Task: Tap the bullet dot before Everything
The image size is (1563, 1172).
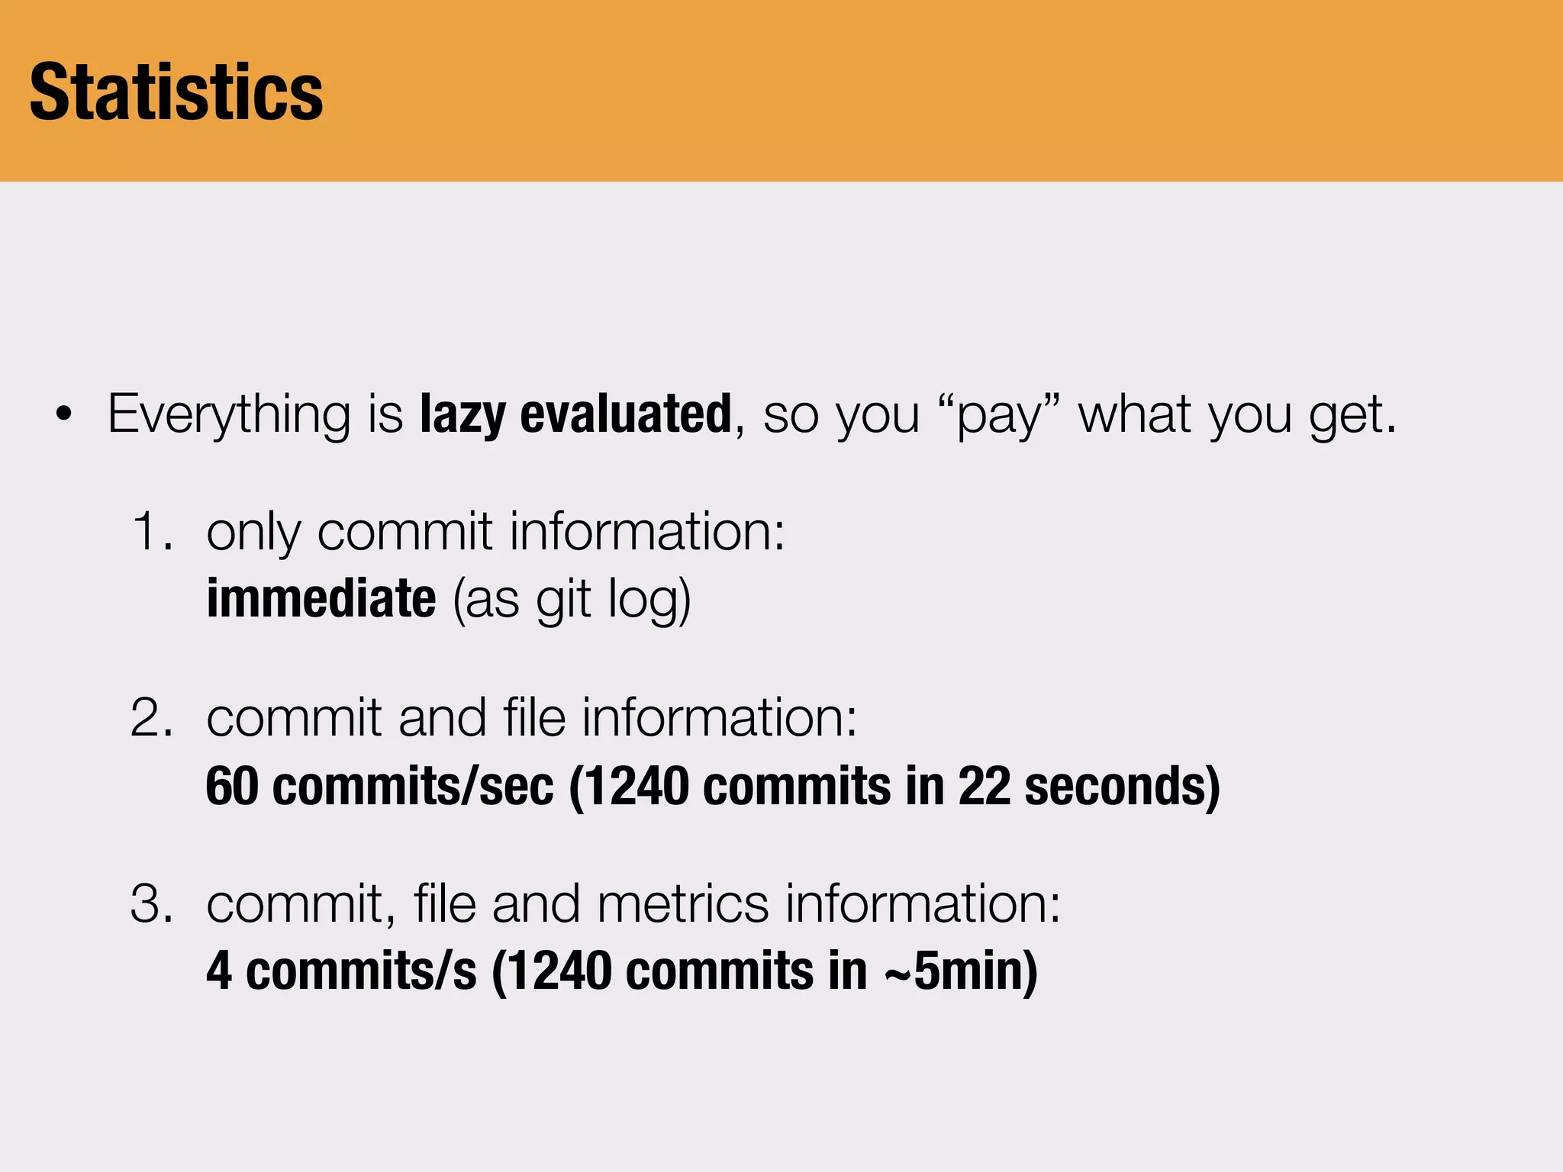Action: click(64, 415)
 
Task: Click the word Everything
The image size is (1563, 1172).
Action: click(230, 415)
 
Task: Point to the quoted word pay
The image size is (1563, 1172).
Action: click(999, 417)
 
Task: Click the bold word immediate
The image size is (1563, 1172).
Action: click(321, 598)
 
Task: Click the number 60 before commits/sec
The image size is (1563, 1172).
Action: click(232, 786)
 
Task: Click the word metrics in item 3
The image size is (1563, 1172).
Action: click(682, 903)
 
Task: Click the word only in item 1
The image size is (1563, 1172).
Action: click(253, 533)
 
